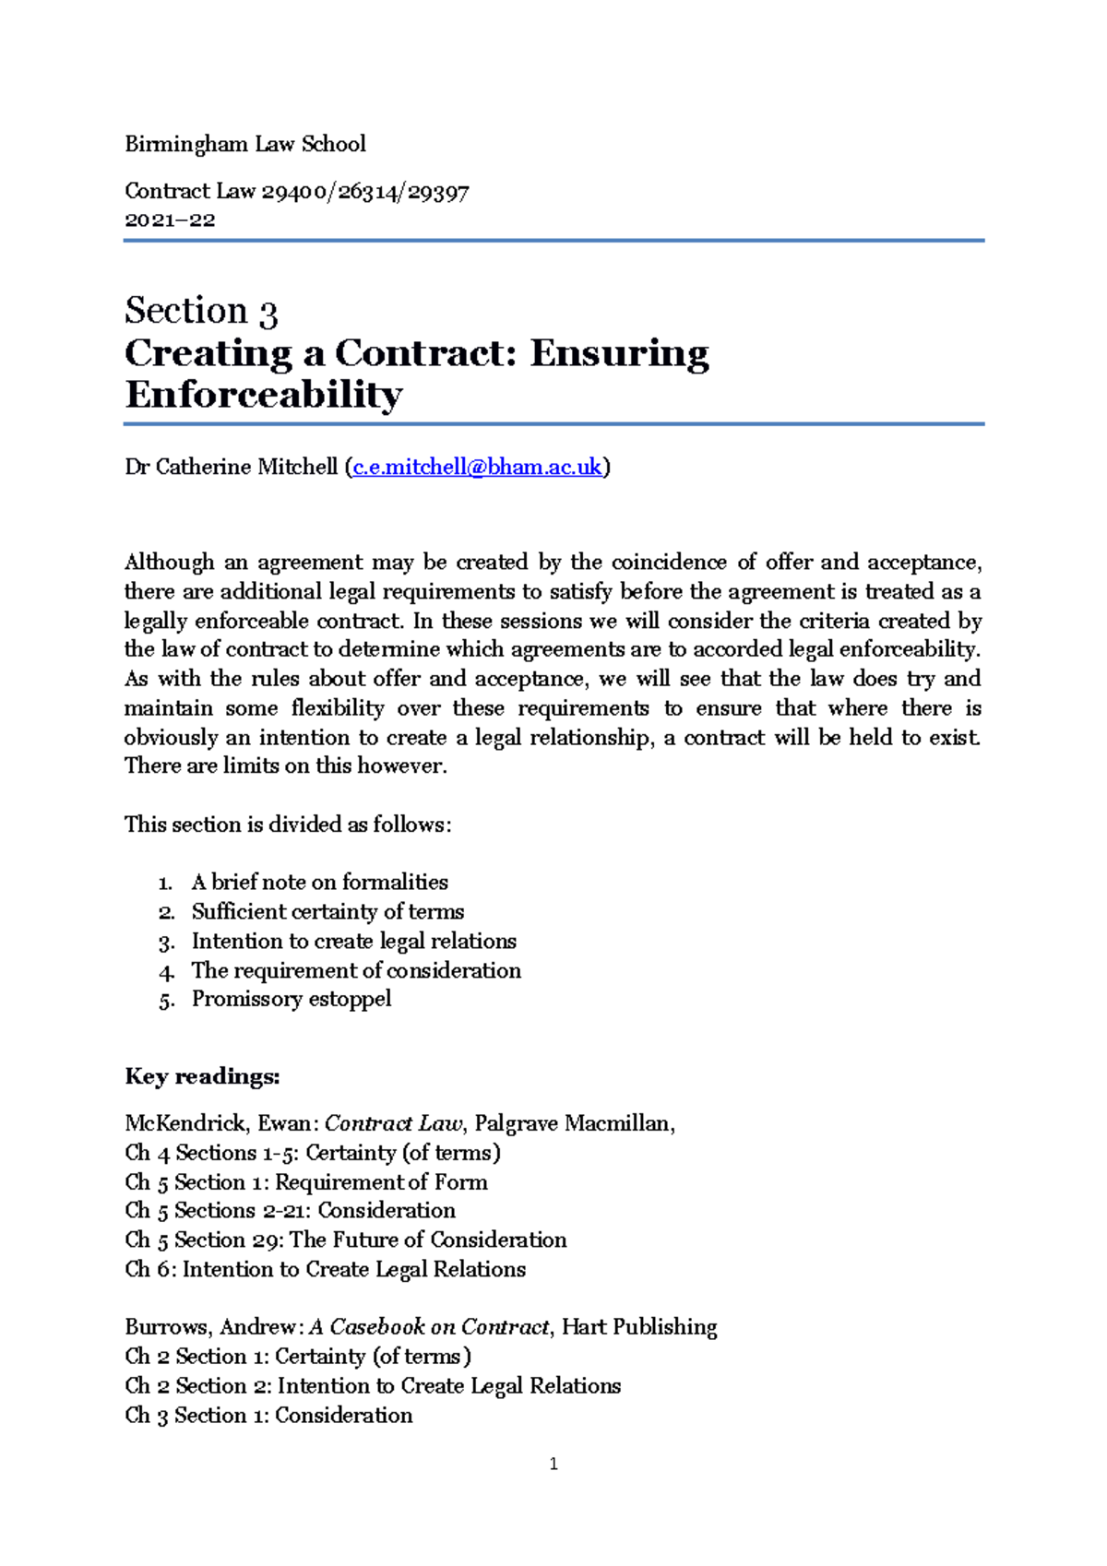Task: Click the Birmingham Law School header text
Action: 244,144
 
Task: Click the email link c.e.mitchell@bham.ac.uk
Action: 477,467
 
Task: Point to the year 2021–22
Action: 170,220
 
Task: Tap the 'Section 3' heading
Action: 201,311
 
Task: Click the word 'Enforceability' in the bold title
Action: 264,395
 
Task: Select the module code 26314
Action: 367,192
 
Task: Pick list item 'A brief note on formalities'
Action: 319,883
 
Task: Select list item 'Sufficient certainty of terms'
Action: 327,912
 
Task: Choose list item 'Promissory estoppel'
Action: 292,999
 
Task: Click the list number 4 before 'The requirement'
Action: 165,972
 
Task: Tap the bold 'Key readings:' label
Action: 202,1076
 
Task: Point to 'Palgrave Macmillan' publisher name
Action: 572,1123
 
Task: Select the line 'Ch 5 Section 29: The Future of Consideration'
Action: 346,1240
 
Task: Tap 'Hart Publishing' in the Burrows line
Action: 639,1327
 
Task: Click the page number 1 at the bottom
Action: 553,1464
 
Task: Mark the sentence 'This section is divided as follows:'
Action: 288,825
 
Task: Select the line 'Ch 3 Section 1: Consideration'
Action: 268,1415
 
